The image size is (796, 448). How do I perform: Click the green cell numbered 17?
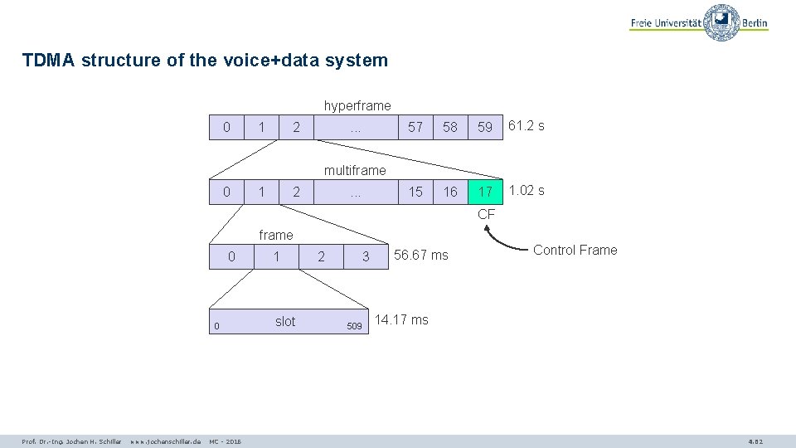(x=486, y=192)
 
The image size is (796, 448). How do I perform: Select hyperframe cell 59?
(x=486, y=127)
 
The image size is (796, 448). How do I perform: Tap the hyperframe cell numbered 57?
(x=415, y=127)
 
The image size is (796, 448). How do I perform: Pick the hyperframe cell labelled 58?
(x=450, y=127)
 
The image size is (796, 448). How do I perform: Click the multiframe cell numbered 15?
(x=415, y=192)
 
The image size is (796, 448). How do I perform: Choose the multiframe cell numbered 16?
(x=450, y=192)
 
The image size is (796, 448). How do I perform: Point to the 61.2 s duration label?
(x=527, y=126)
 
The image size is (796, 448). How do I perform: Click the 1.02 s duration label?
(x=527, y=191)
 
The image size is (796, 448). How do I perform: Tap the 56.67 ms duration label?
(x=421, y=256)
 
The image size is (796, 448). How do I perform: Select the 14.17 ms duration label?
(x=402, y=320)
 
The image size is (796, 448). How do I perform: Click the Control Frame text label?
(x=575, y=250)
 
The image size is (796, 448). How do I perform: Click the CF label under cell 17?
(x=486, y=215)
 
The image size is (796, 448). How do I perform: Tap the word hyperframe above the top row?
(x=357, y=106)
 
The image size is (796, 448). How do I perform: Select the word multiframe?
(x=355, y=171)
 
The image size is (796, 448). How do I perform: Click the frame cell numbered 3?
(x=366, y=257)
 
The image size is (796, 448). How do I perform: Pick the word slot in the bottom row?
(x=284, y=322)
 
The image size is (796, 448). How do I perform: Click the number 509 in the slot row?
(x=354, y=326)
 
